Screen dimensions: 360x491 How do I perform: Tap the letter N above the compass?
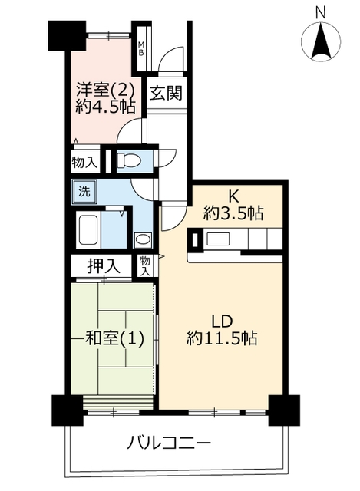pyautogui.click(x=321, y=13)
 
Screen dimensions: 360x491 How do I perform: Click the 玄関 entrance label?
pyautogui.click(x=166, y=93)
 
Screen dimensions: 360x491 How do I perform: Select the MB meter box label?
pyautogui.click(x=141, y=48)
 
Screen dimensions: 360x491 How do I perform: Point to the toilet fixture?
pyautogui.click(x=128, y=161)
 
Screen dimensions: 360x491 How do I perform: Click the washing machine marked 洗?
pyautogui.click(x=84, y=191)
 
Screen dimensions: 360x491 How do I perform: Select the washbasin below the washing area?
pyautogui.click(x=143, y=240)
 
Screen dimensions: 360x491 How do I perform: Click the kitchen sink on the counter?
pyautogui.click(x=219, y=239)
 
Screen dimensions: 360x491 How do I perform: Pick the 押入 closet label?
pyautogui.click(x=104, y=266)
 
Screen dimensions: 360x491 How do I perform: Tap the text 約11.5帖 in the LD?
pyautogui.click(x=222, y=338)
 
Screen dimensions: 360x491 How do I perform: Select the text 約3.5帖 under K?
pyautogui.click(x=233, y=213)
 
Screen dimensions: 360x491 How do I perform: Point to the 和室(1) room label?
pyautogui.click(x=114, y=338)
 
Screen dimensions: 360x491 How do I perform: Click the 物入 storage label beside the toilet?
pyautogui.click(x=84, y=162)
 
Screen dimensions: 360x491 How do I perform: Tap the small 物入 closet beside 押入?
pyautogui.click(x=145, y=265)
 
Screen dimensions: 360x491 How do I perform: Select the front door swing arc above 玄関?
pyautogui.click(x=170, y=60)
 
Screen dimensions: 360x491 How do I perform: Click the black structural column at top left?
pyautogui.click(x=67, y=35)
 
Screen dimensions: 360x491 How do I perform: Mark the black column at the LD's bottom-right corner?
pyautogui.click(x=284, y=410)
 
